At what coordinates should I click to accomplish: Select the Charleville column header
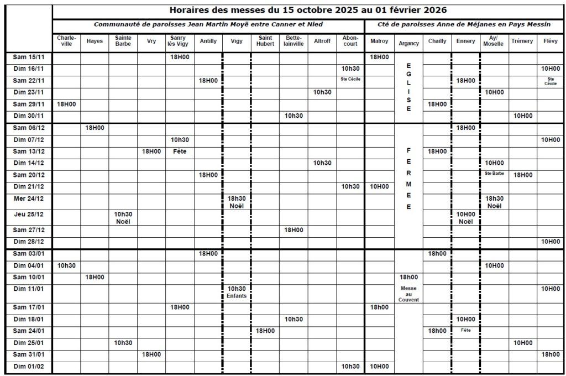pyautogui.click(x=66, y=41)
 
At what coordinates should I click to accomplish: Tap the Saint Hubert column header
pyautogui.click(x=265, y=41)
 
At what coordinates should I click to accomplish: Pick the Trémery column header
pyautogui.click(x=522, y=41)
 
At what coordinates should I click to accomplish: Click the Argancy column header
pyautogui.click(x=408, y=43)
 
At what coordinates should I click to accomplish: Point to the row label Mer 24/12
pyautogui.click(x=28, y=198)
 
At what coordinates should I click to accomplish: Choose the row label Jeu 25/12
pyautogui.click(x=28, y=214)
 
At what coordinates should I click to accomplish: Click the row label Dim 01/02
pyautogui.click(x=28, y=366)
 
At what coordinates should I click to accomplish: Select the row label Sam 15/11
pyautogui.click(x=28, y=57)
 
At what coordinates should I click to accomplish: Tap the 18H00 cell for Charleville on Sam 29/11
pyautogui.click(x=66, y=104)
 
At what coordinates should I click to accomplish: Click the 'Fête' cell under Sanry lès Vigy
pyautogui.click(x=179, y=151)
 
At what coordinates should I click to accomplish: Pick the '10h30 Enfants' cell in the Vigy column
pyautogui.click(x=237, y=292)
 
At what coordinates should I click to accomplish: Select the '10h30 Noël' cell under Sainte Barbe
pyautogui.click(x=123, y=217)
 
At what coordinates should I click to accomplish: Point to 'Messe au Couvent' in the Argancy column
pyautogui.click(x=408, y=294)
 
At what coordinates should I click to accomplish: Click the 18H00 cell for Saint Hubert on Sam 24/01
pyautogui.click(x=265, y=331)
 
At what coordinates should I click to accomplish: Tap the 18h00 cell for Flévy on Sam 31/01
pyautogui.click(x=551, y=354)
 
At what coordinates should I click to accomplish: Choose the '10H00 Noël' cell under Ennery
pyautogui.click(x=466, y=217)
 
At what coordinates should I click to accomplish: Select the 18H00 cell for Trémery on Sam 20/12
pyautogui.click(x=522, y=175)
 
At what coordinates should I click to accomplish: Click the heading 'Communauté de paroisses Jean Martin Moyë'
pyautogui.click(x=208, y=24)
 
